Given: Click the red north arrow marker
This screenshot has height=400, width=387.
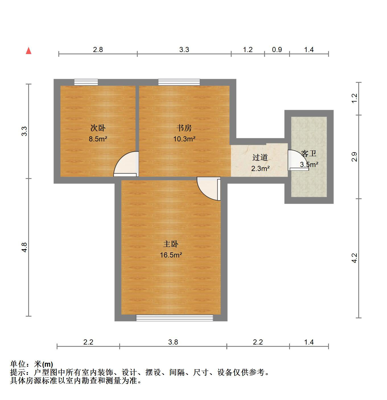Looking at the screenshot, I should (28, 51).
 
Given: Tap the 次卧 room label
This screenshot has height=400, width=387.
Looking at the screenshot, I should (98, 128).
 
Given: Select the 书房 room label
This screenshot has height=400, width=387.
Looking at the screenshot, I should (184, 128).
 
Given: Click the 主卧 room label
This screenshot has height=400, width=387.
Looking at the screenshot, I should (171, 244).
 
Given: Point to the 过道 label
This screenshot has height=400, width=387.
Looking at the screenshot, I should (260, 157).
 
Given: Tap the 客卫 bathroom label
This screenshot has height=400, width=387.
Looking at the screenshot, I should (309, 154).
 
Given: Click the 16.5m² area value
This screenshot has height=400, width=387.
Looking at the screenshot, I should (171, 255).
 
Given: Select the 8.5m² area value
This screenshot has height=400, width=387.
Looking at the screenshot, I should (98, 139).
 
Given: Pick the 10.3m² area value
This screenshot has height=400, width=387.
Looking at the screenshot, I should (184, 139).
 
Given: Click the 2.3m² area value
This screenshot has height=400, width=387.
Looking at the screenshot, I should (260, 168).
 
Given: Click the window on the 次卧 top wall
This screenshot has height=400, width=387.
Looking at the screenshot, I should (86, 82).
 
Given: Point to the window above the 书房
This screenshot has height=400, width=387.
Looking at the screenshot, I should (179, 82).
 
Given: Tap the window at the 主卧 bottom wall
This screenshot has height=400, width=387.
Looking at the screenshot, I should (174, 318).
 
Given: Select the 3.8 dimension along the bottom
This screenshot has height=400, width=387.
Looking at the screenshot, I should (173, 342).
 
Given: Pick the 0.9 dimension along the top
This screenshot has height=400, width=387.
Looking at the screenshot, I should (277, 50).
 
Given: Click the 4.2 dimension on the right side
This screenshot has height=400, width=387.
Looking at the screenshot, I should (354, 258).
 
